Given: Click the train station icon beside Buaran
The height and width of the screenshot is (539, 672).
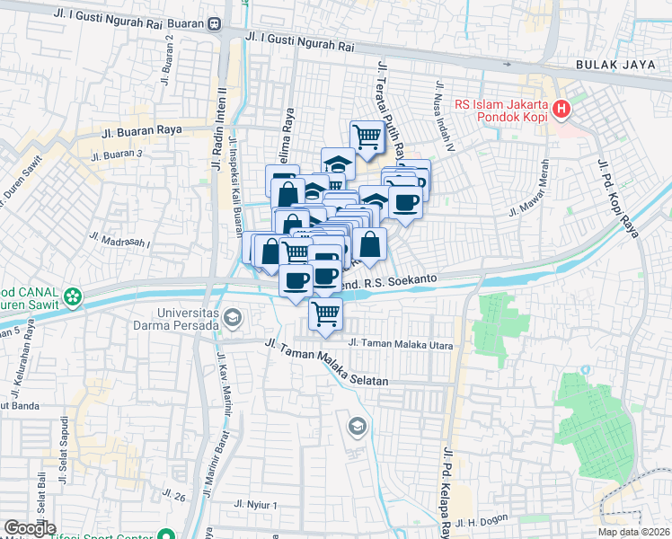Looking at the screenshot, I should [x=216, y=24].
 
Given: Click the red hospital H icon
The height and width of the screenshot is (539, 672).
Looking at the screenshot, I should [x=562, y=110].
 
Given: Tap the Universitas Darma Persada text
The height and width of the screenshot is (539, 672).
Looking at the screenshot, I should [x=175, y=319].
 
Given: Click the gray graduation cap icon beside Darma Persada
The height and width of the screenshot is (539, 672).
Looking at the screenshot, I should [x=234, y=316].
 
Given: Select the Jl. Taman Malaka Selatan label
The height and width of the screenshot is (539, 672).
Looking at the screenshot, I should [x=327, y=364].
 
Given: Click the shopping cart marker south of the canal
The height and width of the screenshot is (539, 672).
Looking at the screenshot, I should [x=326, y=314].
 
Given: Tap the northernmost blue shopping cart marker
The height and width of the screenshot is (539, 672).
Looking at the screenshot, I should [x=367, y=137].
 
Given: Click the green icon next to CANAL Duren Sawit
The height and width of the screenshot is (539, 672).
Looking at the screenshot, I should [x=73, y=294].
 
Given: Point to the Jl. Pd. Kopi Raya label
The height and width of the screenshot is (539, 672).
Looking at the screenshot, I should [x=617, y=198].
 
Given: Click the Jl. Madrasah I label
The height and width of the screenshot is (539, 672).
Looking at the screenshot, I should [x=120, y=239].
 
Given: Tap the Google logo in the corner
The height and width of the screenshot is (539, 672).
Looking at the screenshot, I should [x=29, y=528].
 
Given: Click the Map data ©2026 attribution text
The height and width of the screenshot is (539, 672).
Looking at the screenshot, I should [x=634, y=532].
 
